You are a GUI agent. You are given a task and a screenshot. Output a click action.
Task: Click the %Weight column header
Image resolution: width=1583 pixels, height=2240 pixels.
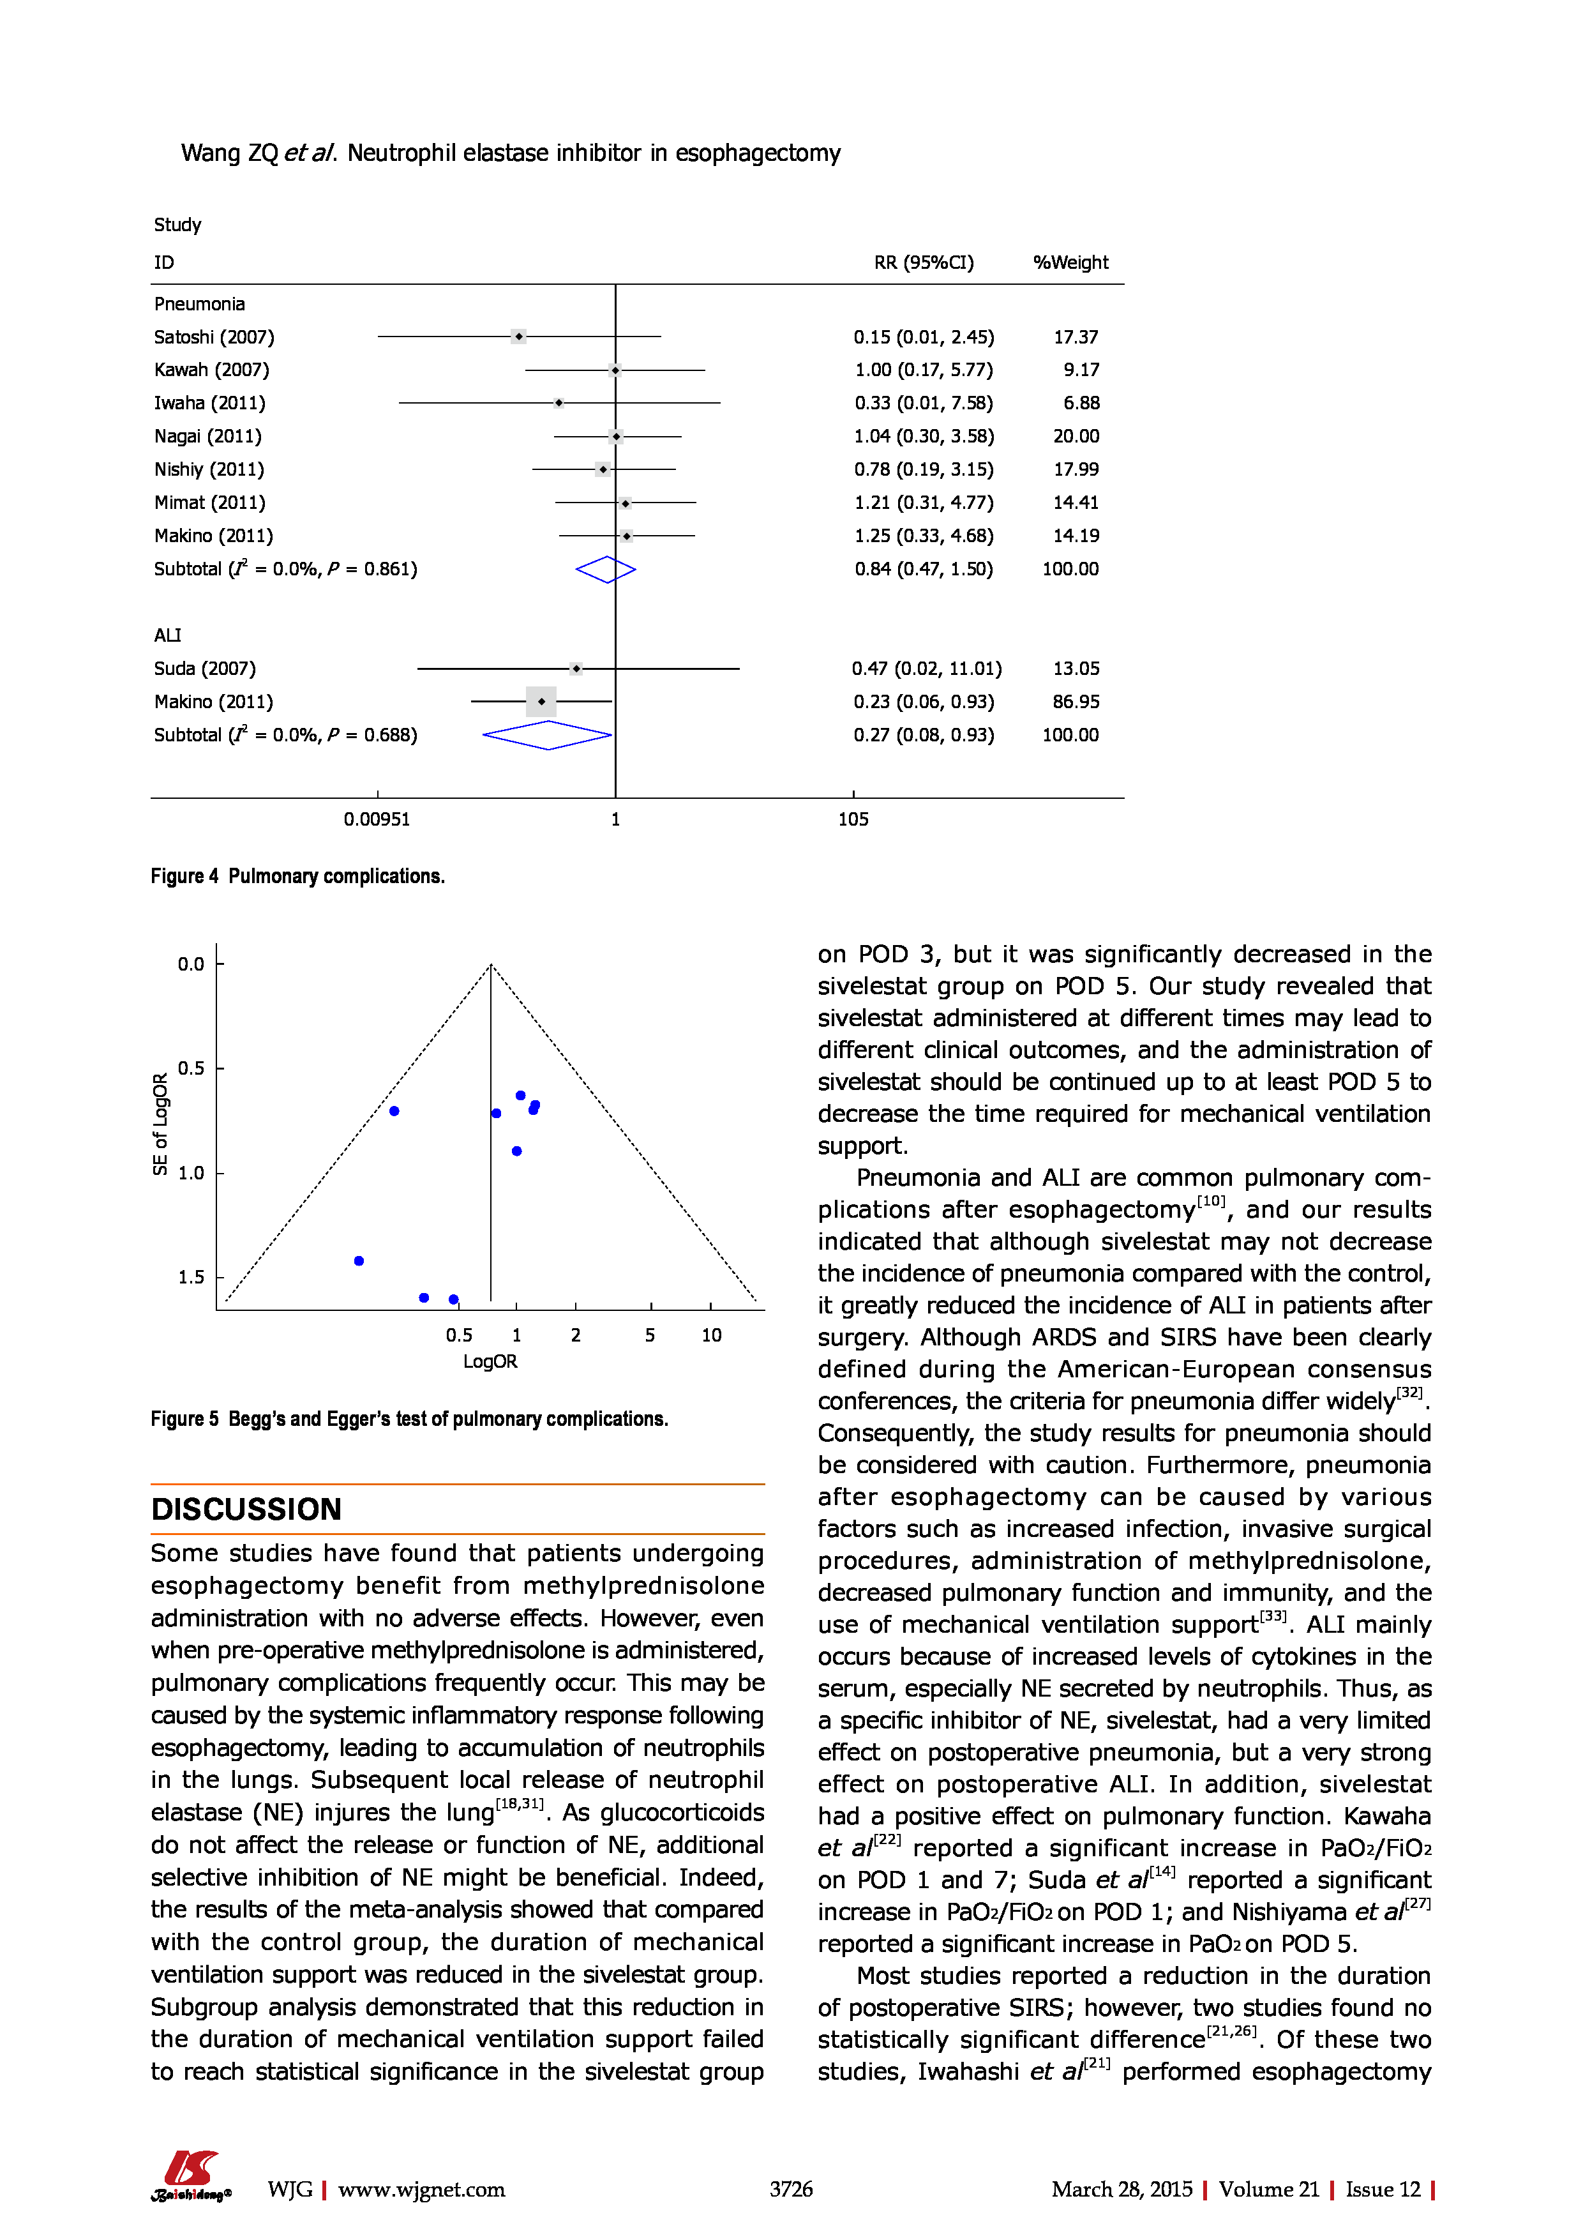click(1070, 262)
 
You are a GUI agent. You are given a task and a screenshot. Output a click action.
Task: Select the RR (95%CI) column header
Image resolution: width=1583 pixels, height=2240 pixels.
click(923, 262)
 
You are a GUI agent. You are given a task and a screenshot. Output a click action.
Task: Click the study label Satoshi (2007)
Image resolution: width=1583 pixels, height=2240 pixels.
click(214, 337)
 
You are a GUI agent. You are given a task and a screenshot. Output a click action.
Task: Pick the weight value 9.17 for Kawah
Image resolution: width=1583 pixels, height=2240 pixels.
click(1081, 370)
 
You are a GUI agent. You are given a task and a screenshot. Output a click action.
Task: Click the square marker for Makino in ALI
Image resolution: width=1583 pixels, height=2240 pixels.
click(541, 702)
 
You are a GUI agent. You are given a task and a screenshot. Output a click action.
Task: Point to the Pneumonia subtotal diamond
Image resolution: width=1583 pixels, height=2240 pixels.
click(606, 570)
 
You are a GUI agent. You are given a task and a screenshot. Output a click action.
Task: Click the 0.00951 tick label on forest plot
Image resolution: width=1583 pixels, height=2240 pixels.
click(377, 819)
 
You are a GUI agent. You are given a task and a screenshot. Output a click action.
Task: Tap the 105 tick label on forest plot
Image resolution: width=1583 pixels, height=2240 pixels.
click(853, 819)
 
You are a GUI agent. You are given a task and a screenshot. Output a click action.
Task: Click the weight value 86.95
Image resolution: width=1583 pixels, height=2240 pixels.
click(1076, 702)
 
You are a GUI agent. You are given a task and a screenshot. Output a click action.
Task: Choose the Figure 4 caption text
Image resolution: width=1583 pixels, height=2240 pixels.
click(297, 876)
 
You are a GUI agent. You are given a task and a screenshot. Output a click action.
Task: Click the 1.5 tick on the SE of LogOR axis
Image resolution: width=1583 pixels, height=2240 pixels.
click(191, 1277)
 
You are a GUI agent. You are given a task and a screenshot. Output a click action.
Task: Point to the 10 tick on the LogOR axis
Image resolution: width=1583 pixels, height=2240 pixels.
click(711, 1335)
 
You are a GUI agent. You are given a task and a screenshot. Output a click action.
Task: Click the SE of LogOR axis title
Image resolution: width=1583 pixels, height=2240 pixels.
click(161, 1124)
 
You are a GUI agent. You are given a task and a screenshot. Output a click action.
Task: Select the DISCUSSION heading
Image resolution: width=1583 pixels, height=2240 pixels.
click(246, 1510)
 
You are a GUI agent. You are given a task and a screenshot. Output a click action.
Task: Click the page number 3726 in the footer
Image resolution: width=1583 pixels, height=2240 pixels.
click(790, 2190)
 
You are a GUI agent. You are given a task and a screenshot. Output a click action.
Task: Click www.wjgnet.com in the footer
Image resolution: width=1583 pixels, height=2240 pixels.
click(421, 2190)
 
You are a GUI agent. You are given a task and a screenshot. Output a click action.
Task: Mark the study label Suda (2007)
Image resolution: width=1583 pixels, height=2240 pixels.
click(205, 669)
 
